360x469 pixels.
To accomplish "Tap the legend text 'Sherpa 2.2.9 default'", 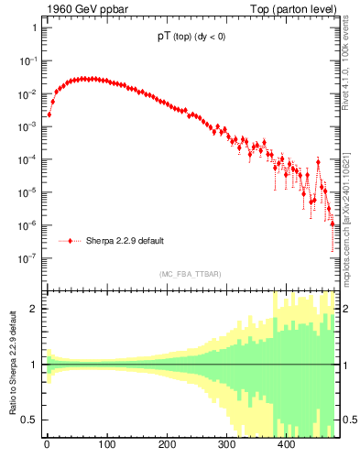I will (125, 241).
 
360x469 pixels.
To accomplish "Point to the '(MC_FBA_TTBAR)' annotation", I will (190, 274).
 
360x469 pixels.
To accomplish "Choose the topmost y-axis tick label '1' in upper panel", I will (33, 28).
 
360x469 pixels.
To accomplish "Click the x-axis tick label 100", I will (106, 446).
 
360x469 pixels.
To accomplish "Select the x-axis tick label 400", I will (286, 446).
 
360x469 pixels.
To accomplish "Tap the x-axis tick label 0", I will (47, 446).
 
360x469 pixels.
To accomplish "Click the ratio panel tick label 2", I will (33, 309).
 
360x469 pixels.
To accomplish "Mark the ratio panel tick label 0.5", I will (29, 420).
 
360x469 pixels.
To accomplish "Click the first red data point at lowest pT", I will (49, 115).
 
